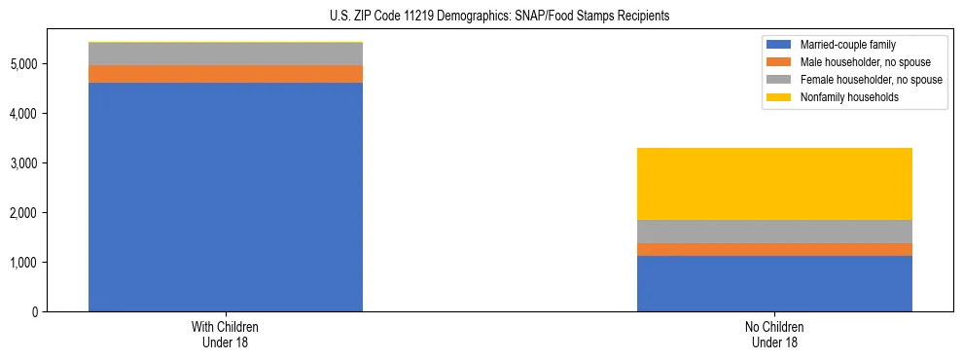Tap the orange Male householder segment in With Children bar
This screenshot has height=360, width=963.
tap(226, 74)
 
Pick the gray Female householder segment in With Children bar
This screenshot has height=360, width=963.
tap(226, 54)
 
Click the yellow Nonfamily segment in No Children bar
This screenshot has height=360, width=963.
tap(774, 184)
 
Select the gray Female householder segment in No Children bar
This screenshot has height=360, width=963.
tap(774, 232)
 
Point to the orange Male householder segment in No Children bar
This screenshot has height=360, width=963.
tap(774, 250)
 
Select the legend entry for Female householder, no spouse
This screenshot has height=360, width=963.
tap(855, 80)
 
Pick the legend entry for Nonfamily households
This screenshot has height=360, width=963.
tap(842, 97)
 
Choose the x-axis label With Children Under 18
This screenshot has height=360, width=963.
tap(226, 335)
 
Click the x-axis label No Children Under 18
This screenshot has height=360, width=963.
tap(774, 335)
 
